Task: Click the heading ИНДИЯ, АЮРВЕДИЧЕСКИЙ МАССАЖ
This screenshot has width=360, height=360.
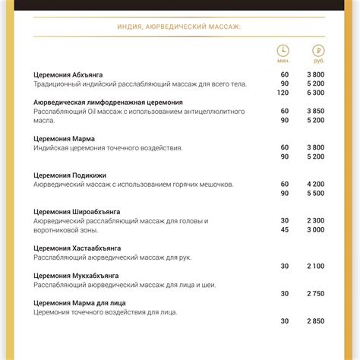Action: click(179, 26)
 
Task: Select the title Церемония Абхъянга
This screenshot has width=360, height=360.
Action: click(68, 74)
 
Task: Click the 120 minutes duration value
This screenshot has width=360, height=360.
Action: click(284, 93)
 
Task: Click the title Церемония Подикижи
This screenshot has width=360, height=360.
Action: click(70, 175)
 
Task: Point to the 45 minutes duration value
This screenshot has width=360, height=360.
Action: click(284, 229)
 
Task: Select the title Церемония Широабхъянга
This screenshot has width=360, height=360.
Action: click(77, 211)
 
